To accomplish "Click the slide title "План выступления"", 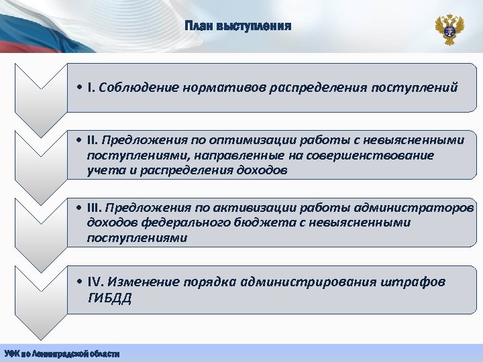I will (238, 27).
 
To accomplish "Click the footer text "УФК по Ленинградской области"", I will (62, 353).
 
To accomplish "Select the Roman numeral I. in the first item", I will (91, 87).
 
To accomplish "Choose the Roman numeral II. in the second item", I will (93, 140).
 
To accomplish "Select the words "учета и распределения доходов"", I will (186, 170).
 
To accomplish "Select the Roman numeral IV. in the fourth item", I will (95, 282).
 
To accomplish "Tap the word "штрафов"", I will (417, 282).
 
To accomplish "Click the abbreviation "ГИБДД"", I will (109, 298).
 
